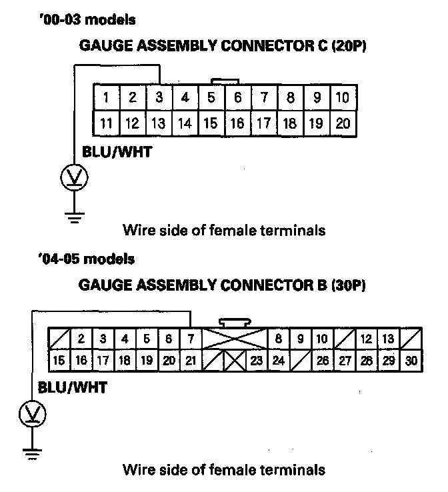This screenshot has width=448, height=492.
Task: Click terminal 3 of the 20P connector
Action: (159, 98)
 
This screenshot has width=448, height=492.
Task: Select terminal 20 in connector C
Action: (343, 123)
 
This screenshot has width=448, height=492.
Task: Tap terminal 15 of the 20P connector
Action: (211, 123)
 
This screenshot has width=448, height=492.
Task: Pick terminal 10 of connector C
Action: (343, 98)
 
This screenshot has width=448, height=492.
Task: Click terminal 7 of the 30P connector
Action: (191, 339)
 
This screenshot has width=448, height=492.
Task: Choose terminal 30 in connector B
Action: (411, 361)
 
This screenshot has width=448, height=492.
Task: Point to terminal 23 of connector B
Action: (257, 361)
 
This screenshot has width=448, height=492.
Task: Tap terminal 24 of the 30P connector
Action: (279, 361)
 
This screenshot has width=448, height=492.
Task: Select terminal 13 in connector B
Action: (389, 339)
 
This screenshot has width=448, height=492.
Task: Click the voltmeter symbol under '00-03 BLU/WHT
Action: (75, 177)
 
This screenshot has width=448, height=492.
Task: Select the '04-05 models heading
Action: (87, 259)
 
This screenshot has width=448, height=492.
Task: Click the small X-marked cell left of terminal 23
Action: (235, 361)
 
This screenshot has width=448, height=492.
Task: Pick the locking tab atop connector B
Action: (235, 321)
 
